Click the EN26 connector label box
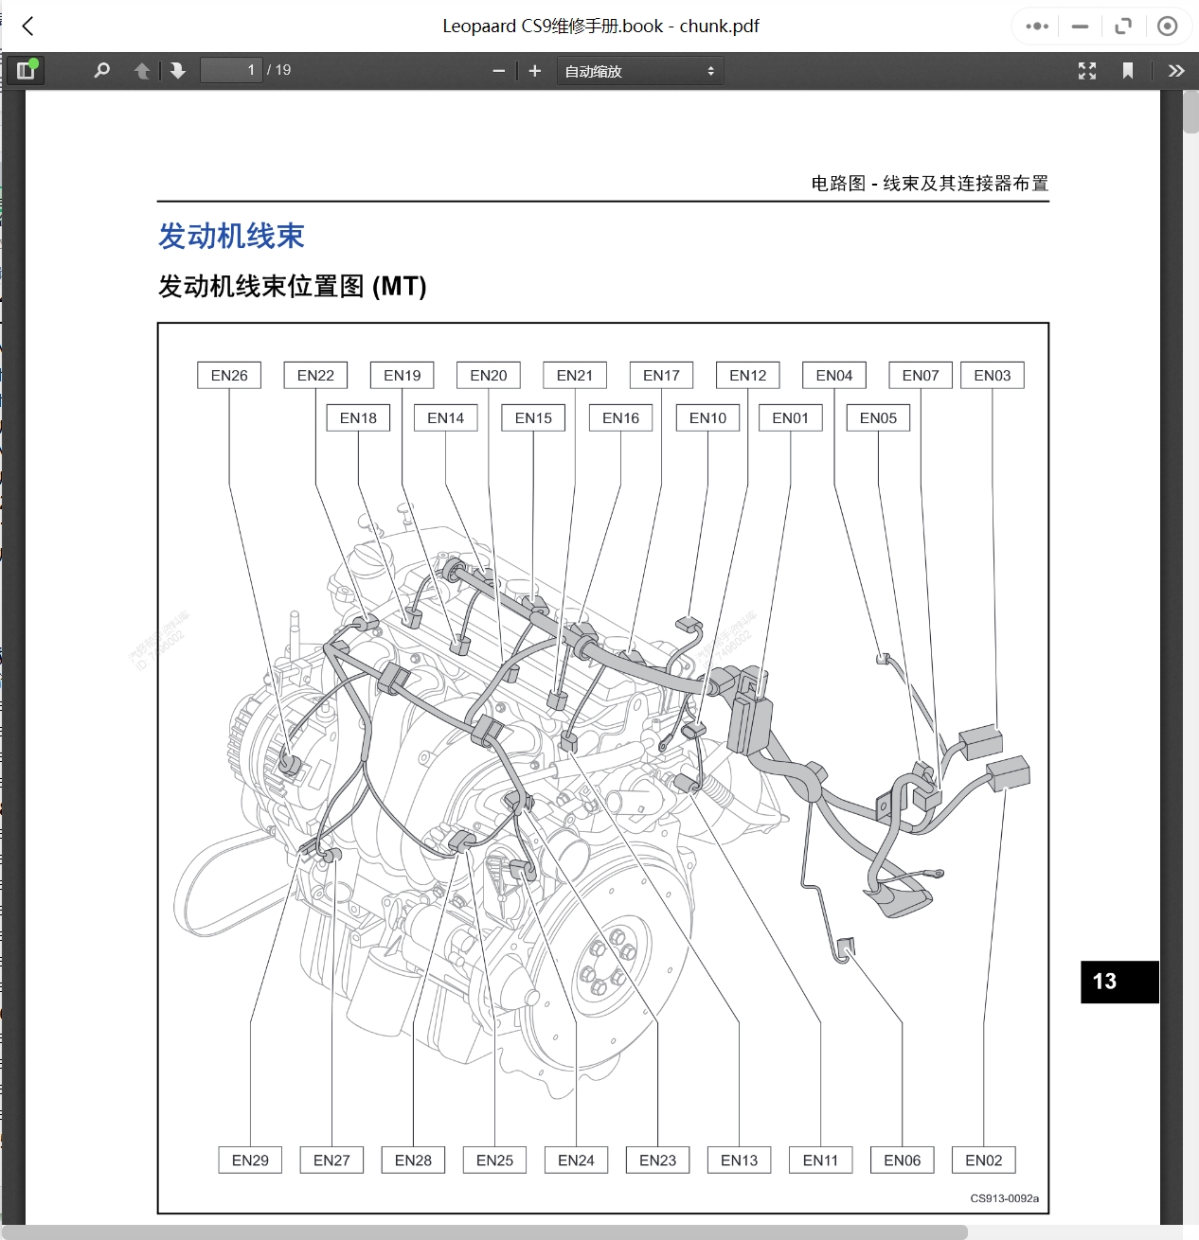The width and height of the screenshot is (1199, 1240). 229,376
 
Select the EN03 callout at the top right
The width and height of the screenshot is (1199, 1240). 992,376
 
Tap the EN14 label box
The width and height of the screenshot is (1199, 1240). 445,418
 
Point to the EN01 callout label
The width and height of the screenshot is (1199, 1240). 790,418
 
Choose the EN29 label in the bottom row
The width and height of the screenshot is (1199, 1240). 250,1160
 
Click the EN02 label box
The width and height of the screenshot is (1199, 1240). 983,1160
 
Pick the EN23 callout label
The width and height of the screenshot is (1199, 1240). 657,1160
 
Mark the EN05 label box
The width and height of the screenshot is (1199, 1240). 878,418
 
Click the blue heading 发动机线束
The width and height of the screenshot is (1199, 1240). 231,237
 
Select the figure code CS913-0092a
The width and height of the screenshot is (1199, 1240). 1004,1198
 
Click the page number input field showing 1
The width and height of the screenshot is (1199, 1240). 231,70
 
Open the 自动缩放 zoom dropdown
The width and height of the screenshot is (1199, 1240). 639,71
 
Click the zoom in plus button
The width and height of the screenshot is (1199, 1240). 535,71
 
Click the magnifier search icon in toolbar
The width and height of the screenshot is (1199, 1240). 102,70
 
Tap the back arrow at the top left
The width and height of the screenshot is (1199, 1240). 28,27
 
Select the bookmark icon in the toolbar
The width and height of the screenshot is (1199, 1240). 1127,71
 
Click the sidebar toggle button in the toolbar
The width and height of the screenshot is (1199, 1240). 26,70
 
